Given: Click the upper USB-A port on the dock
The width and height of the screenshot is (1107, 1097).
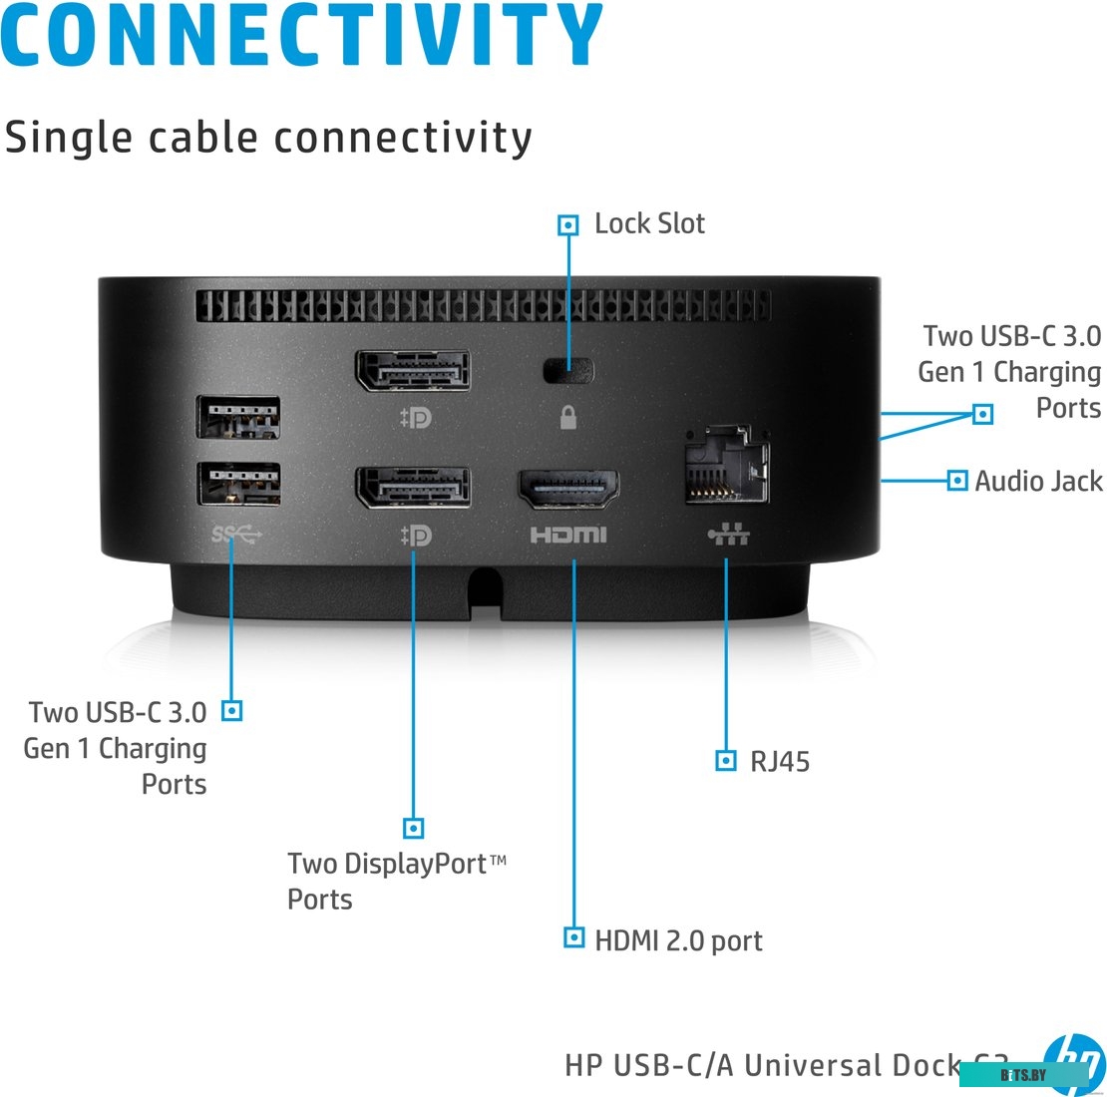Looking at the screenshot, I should pos(238,417).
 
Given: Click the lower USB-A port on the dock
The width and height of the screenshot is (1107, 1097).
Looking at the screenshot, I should pos(238,484).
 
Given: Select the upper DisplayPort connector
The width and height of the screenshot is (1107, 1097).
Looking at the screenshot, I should pos(411,371).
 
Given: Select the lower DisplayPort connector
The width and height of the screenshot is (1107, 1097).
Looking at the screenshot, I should pos(413,487).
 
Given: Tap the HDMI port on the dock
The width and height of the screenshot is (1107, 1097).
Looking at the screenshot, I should pos(567,489).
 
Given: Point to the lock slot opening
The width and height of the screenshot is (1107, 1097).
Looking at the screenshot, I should pos(568,371).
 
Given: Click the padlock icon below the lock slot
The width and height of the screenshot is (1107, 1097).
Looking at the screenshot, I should pos(568,417).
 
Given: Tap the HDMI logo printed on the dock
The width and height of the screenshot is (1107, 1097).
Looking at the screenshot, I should pos(567,536).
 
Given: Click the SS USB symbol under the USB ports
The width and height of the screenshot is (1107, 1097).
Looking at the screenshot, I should pos(236,536).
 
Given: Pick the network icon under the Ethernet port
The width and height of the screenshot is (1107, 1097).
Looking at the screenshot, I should pos(728,536).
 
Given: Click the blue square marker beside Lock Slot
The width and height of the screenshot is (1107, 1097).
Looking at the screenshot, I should pos(568,224).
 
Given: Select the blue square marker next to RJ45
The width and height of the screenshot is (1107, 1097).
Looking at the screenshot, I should pos(727,761).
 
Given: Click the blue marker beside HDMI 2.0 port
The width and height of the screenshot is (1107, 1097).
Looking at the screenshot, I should pos(573,937).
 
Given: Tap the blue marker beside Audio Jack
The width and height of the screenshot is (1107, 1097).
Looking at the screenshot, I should pos(957,481).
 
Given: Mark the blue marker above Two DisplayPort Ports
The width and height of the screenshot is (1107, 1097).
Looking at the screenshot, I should pos(413,828).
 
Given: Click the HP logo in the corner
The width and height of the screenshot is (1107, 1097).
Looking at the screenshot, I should pos(1075,1063).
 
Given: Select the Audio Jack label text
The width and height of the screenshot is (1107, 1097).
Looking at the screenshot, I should pos(1038,481).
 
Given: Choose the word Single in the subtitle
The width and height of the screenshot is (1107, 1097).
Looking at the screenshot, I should pos(70,138).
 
